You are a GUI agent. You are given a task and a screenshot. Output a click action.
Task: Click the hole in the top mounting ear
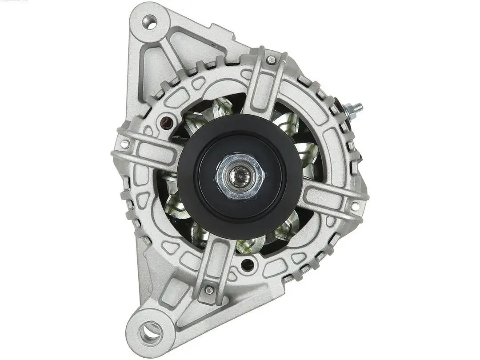149,22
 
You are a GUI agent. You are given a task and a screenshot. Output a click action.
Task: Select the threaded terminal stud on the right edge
354,109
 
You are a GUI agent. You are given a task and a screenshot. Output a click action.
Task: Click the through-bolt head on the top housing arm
271,59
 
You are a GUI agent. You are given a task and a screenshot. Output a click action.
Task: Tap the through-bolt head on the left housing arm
124,144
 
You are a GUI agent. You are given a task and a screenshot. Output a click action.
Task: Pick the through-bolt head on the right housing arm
355,206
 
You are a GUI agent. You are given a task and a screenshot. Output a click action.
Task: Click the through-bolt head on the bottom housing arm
209,290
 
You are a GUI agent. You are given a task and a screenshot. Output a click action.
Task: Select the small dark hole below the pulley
247,265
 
